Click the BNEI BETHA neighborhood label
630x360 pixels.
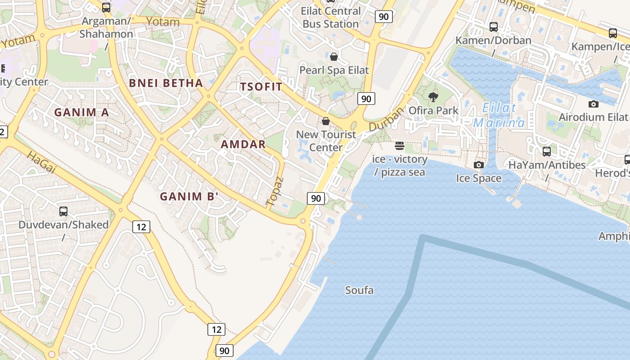click(x=166, y=83)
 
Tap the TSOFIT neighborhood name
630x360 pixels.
click(x=261, y=87)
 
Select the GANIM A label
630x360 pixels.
click(x=81, y=112)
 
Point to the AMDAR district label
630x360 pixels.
click(x=243, y=144)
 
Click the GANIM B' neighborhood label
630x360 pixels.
click(x=189, y=197)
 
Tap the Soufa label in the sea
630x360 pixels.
click(x=359, y=290)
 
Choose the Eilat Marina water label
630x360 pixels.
click(x=499, y=115)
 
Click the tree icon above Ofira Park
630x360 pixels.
click(x=433, y=97)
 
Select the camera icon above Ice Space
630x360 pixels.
click(x=479, y=165)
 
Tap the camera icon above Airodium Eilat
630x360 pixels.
click(x=594, y=104)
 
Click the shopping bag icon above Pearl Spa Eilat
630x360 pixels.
click(x=334, y=57)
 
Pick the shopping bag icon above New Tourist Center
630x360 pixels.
click(x=326, y=121)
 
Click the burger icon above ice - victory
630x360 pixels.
click(x=400, y=146)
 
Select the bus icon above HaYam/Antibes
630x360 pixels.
click(x=547, y=152)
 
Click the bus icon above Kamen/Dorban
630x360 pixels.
click(x=494, y=27)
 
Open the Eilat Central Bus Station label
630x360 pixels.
click(x=331, y=18)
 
